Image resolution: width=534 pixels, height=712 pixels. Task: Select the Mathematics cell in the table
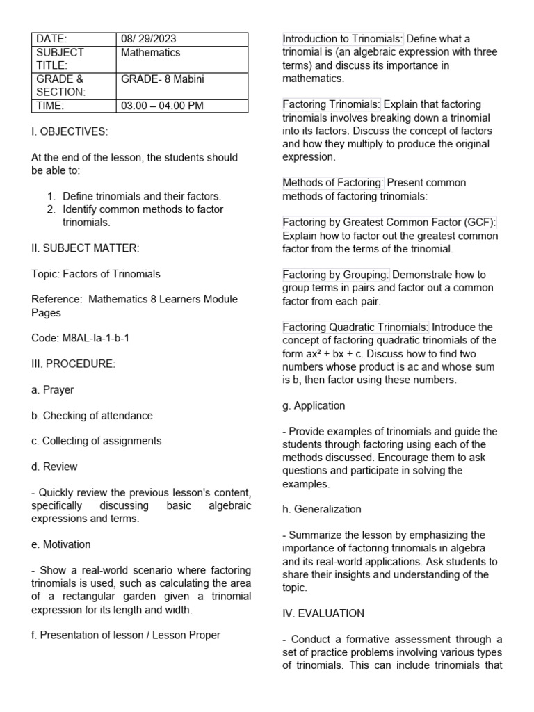point(150,53)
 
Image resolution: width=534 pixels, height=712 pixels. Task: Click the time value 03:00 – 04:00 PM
point(163,106)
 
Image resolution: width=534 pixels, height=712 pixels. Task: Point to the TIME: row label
point(50,106)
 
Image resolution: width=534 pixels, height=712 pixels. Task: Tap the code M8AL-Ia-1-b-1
point(81,338)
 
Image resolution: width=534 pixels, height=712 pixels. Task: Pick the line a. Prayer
point(53,390)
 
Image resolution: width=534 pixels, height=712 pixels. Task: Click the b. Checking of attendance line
point(92,416)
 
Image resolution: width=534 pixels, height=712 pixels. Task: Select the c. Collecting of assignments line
point(97,442)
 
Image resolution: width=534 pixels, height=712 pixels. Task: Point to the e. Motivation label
point(61,544)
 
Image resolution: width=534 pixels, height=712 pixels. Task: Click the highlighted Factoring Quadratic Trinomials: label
point(356,327)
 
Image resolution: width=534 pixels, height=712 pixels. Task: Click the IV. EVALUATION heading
point(323,613)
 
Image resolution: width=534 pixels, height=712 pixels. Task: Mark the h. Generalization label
point(321,509)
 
